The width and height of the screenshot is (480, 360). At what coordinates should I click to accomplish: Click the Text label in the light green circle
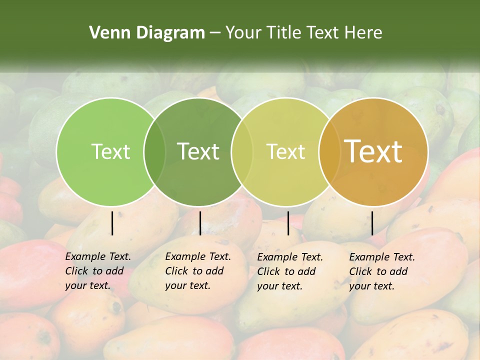(x=111, y=151)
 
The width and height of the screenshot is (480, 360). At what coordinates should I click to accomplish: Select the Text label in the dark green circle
(x=198, y=151)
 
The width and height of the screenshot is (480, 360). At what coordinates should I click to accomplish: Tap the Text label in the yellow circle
(x=286, y=151)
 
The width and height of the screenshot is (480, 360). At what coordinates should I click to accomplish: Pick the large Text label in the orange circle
(x=373, y=151)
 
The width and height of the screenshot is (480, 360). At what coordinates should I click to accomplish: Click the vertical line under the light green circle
(x=112, y=223)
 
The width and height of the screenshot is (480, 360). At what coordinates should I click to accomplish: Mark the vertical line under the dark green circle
(x=200, y=223)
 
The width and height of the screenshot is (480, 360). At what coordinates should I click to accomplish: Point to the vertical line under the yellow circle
(x=288, y=223)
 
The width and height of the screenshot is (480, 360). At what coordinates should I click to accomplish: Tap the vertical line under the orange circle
(x=372, y=223)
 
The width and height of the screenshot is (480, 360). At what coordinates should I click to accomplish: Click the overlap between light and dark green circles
(x=154, y=152)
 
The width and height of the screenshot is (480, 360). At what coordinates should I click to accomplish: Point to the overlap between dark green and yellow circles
(x=242, y=152)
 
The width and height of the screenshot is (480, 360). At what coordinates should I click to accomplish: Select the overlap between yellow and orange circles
(x=329, y=152)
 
